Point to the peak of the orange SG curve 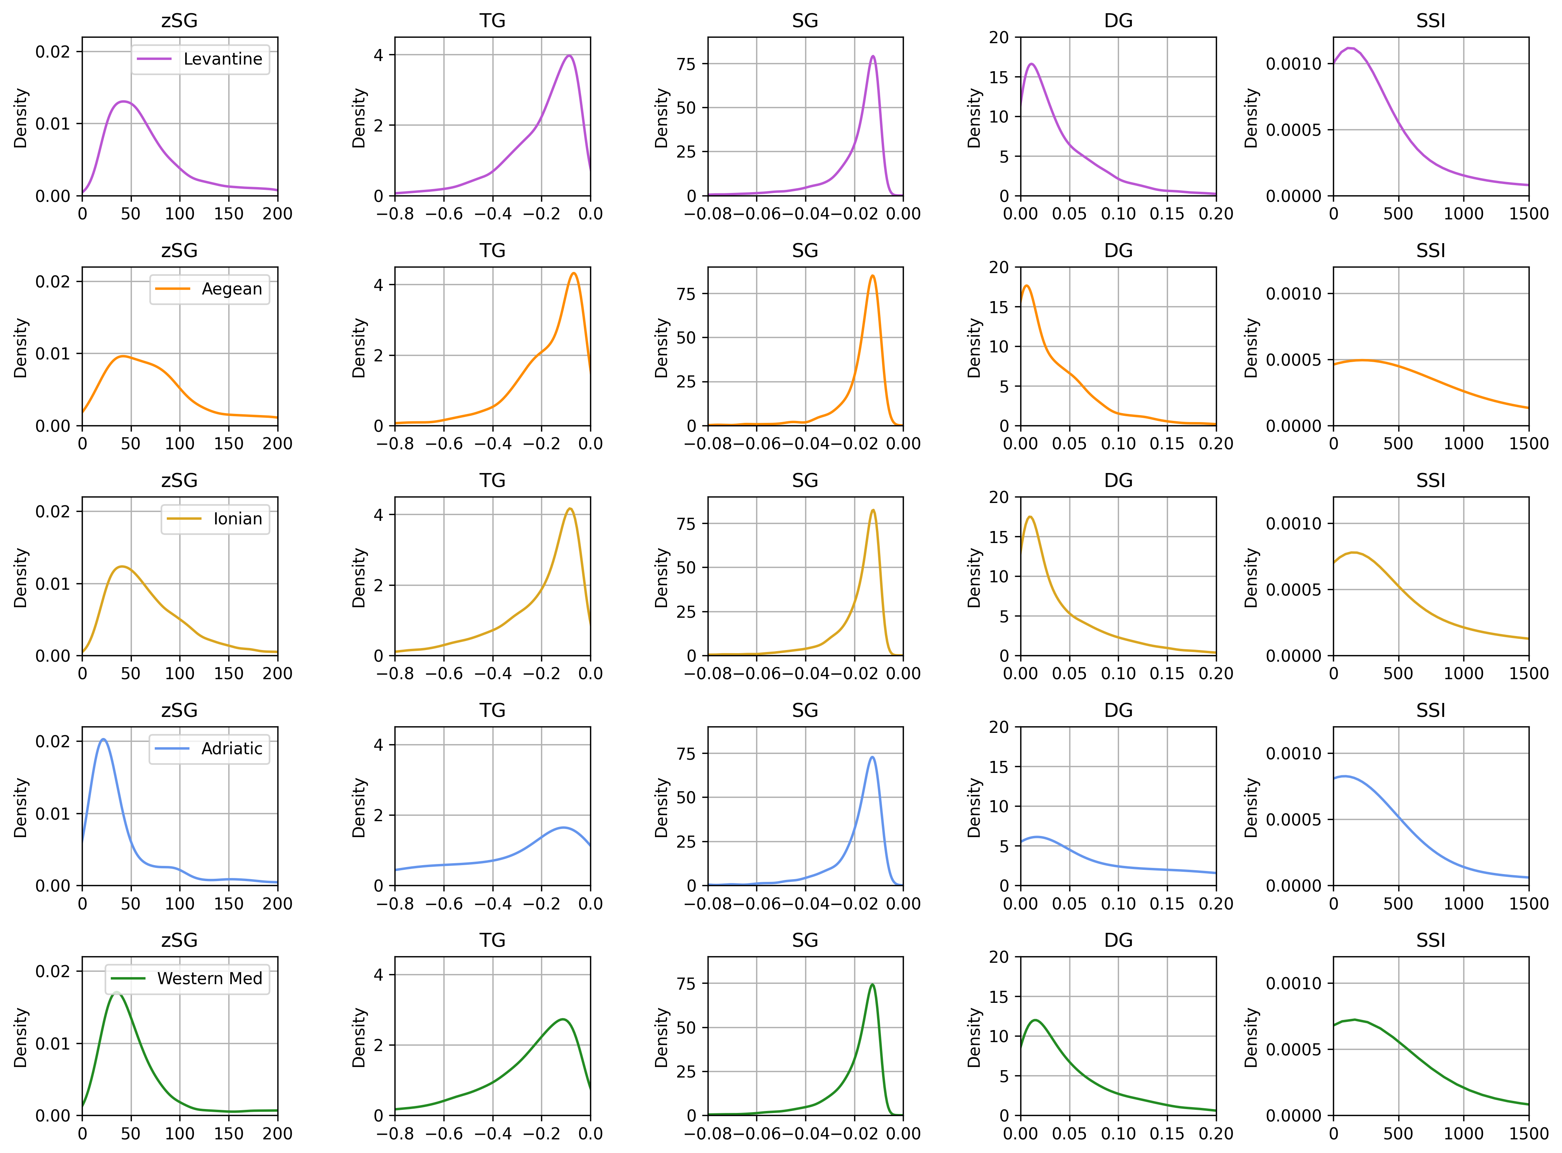tap(872, 276)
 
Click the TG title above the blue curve tap(492, 710)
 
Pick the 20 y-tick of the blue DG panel tap(1000, 727)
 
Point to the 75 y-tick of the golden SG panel tap(686, 524)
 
